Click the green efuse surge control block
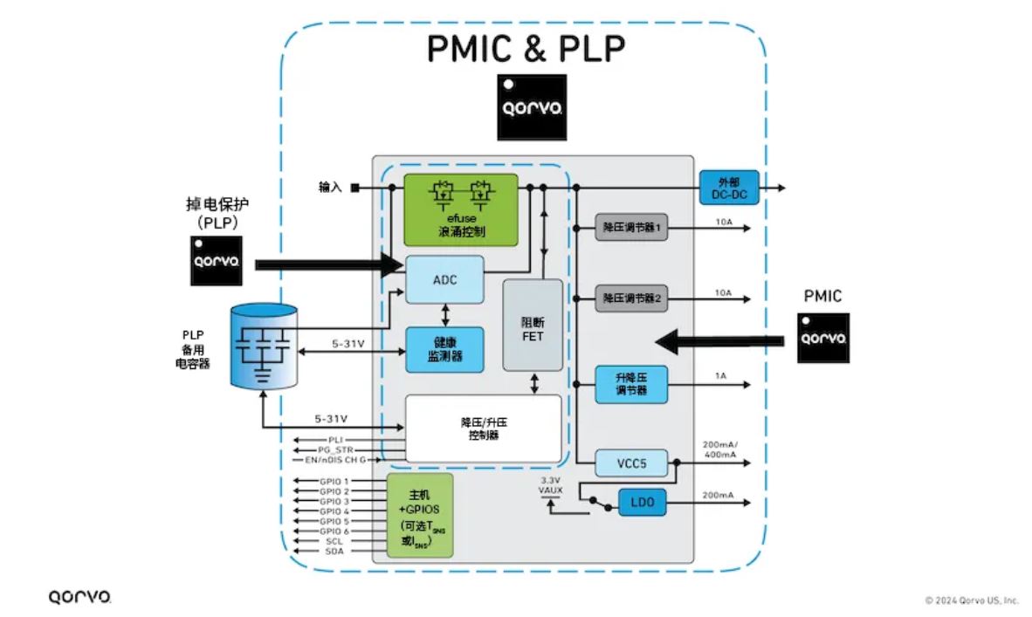coord(460,209)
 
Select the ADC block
coord(444,280)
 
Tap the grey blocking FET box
coord(532,325)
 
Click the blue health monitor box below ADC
coord(444,350)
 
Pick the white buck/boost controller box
coord(483,428)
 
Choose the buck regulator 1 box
coord(630,228)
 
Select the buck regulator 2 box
coord(630,298)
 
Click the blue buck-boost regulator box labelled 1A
coord(630,385)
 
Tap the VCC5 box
coord(630,463)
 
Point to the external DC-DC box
coord(729,188)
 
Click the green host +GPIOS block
coord(420,516)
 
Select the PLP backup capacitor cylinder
coord(263,345)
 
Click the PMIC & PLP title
coord(526,50)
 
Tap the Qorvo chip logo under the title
coord(531,107)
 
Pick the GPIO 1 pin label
coord(334,481)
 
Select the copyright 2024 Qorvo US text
coord(972,600)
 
